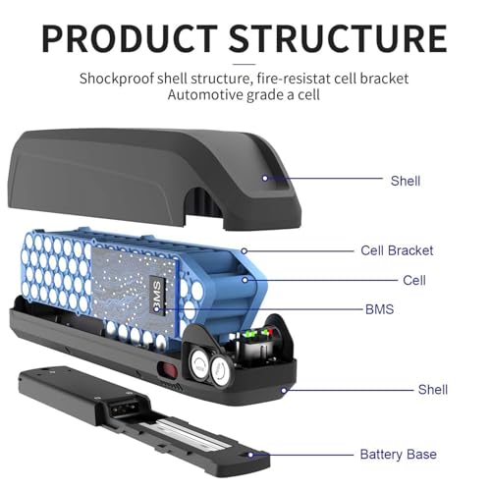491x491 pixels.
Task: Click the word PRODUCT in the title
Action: click(130, 38)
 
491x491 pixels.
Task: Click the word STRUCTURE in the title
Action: click(338, 38)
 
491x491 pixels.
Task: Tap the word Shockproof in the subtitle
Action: click(117, 79)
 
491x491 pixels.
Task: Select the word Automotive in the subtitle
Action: click(205, 95)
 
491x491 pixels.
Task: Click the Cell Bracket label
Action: click(397, 250)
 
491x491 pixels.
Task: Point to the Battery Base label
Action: click(399, 455)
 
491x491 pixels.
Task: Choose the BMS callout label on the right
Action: click(379, 309)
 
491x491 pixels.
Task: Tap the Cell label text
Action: click(414, 281)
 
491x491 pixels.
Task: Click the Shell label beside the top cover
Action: click(406, 181)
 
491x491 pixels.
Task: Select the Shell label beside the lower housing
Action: click(433, 390)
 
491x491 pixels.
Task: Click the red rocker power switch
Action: click(167, 369)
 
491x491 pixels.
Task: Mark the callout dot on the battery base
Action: click(250, 455)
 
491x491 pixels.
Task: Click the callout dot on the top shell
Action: click(265, 178)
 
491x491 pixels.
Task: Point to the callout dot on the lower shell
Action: click(284, 390)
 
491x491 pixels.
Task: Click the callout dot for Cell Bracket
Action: click(244, 251)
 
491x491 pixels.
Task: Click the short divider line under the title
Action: click(244, 64)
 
